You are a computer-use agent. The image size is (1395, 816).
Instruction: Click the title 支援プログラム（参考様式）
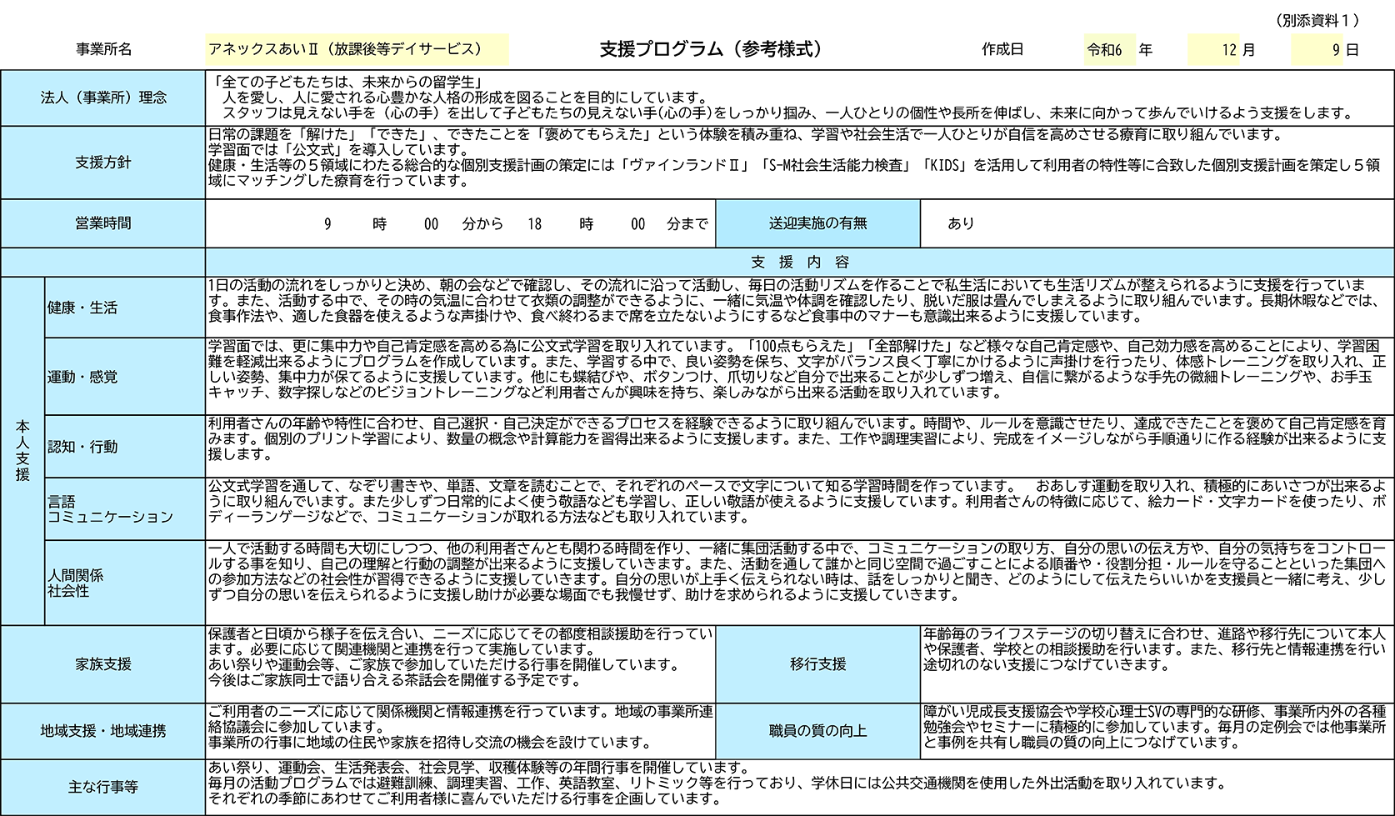pos(711,49)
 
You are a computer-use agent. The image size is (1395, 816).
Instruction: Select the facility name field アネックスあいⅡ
pos(357,49)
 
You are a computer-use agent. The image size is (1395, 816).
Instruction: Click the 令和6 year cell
pos(1109,49)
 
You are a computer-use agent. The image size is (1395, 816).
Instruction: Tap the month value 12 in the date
pos(1228,50)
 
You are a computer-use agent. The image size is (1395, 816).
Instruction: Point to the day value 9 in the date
pos(1336,50)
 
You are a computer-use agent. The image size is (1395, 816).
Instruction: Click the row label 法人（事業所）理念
pos(103,98)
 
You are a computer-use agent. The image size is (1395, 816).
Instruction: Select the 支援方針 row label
pos(103,163)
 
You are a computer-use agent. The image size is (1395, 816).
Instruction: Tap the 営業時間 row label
pos(103,223)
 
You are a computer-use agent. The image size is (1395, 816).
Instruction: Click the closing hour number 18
pos(534,223)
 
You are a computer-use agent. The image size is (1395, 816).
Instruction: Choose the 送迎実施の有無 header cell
pos(817,223)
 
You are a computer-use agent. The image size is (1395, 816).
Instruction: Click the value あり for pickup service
pos(961,223)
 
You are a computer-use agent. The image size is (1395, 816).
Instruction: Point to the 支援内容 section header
pos(800,263)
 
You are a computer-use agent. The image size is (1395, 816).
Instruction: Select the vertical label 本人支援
pos(22,450)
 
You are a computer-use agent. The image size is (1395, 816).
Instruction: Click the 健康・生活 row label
pos(82,308)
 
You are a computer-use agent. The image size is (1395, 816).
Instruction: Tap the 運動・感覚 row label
pos(82,377)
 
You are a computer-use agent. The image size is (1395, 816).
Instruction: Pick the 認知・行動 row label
pos(82,447)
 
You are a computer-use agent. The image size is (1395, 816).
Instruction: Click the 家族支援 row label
pos(103,664)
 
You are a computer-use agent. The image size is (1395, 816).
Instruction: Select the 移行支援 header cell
pos(817,664)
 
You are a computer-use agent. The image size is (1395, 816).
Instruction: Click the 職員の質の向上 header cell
pos(817,731)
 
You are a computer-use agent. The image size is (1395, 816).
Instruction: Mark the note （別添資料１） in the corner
pos(1317,21)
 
